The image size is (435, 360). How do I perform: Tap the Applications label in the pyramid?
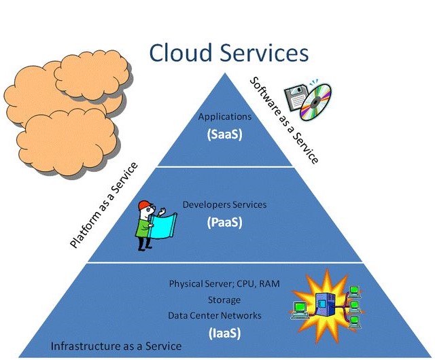tap(225, 117)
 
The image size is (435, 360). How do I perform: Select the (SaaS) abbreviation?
tap(225, 134)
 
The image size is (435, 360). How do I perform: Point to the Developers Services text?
tap(225, 204)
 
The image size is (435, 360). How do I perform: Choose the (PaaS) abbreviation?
tap(225, 221)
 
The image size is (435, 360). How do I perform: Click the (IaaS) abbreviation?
tap(224, 332)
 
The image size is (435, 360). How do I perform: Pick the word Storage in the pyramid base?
tap(224, 299)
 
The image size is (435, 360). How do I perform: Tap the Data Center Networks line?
tap(215, 315)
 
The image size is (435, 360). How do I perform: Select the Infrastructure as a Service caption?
tap(116, 346)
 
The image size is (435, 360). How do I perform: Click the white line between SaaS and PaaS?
tap(225, 166)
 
